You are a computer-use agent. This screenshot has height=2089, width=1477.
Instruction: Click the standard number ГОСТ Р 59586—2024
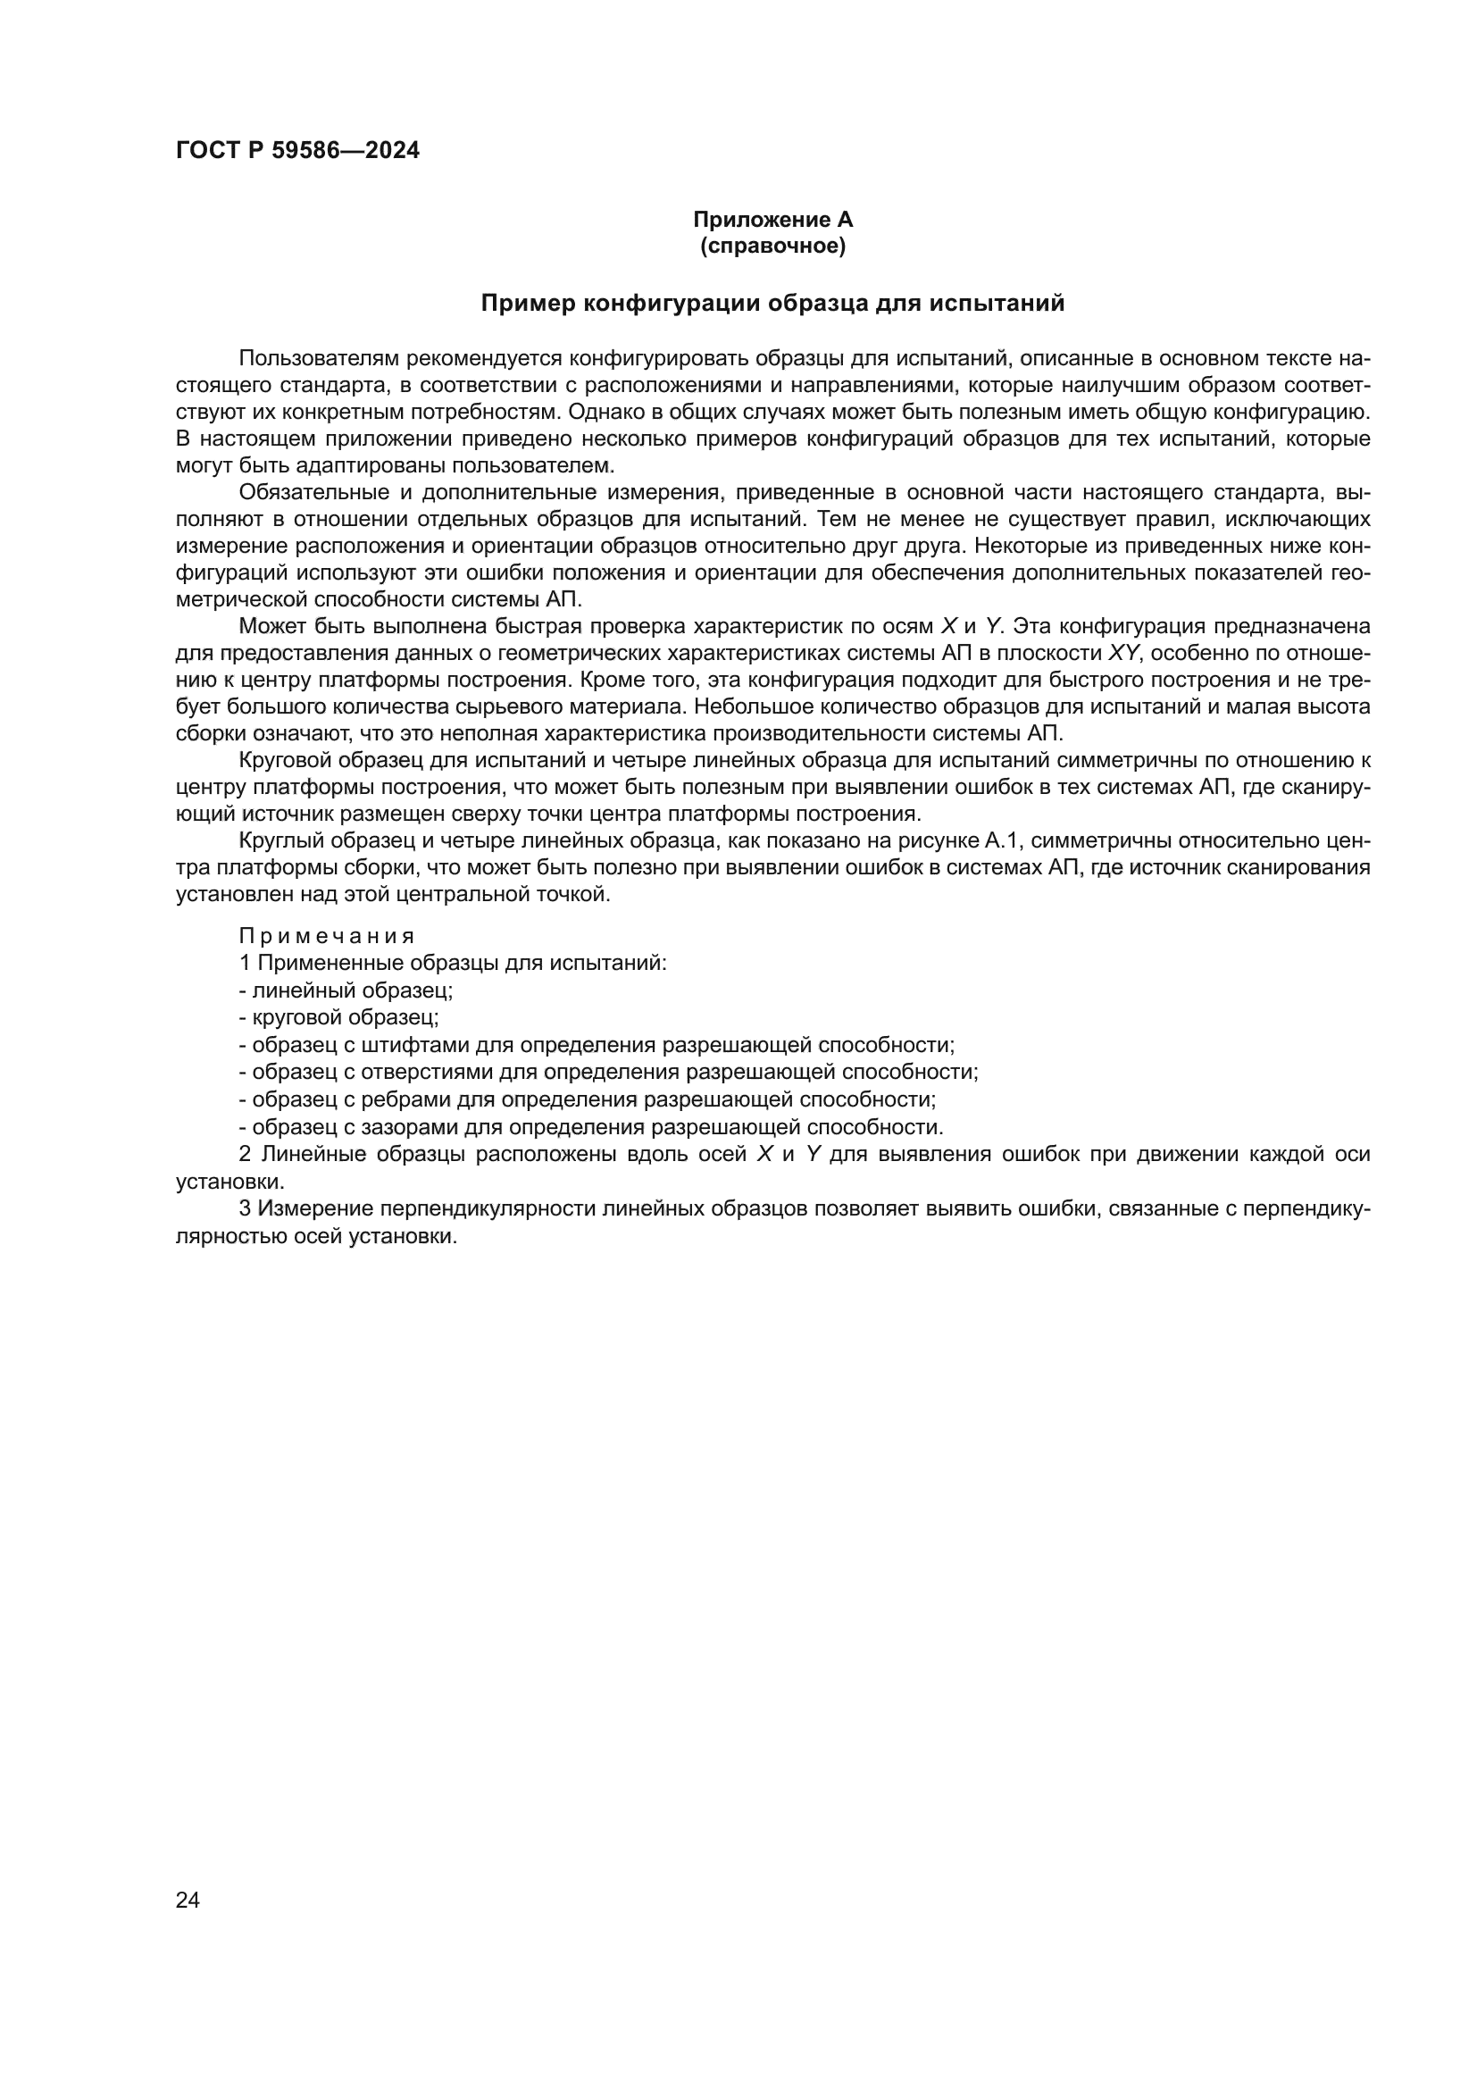pyautogui.click(x=297, y=151)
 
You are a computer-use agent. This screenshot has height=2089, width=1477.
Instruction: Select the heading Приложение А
pyautogui.click(x=772, y=220)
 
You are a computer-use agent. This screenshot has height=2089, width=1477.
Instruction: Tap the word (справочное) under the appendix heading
pyautogui.click(x=772, y=247)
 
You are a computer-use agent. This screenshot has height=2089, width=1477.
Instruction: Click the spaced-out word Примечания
pyautogui.click(x=327, y=936)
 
